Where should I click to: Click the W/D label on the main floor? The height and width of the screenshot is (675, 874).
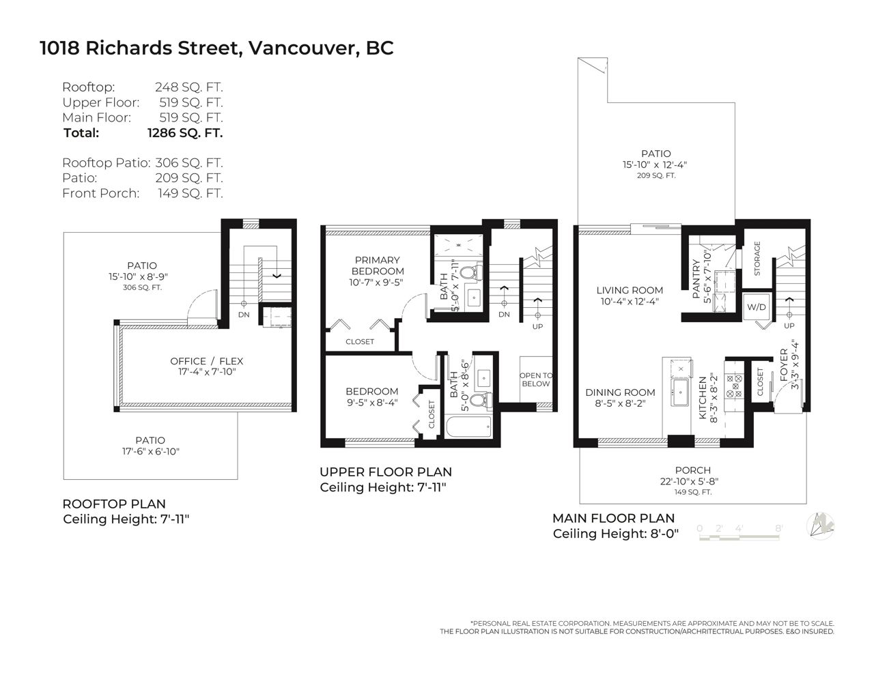click(756, 307)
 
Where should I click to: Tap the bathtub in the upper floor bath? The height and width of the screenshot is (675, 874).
click(468, 427)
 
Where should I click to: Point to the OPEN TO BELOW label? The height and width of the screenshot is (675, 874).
click(536, 379)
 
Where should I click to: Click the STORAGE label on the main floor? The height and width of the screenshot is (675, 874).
click(757, 259)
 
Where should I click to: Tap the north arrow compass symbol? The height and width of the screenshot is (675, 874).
click(821, 526)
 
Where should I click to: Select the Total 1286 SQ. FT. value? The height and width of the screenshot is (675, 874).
click(185, 132)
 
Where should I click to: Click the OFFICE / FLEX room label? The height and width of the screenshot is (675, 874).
click(207, 361)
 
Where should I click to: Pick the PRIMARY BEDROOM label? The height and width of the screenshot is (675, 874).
click(378, 265)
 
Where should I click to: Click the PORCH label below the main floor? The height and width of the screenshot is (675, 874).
click(692, 470)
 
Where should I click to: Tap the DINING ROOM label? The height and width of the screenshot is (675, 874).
click(620, 392)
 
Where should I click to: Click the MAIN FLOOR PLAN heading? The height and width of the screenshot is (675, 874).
click(613, 518)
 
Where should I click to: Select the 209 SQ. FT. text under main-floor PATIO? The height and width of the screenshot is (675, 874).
click(656, 175)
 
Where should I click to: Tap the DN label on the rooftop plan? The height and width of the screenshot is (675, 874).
click(244, 315)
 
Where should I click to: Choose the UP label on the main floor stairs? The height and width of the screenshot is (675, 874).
click(789, 326)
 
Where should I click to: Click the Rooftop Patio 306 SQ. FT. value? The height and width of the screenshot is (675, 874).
click(189, 163)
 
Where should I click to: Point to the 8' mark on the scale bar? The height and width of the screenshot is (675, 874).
click(778, 528)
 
